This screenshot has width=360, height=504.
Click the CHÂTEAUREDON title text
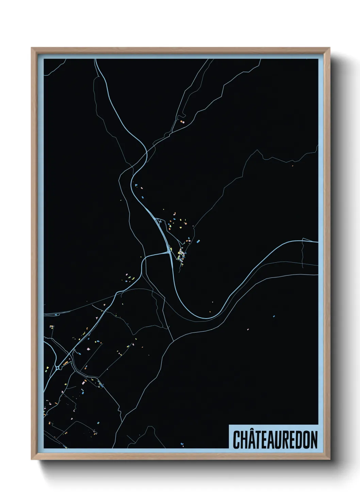[275, 440]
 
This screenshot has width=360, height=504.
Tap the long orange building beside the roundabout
[65, 363]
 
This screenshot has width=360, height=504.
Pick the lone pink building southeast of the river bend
[248, 329]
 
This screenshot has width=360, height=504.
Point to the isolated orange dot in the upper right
[292, 166]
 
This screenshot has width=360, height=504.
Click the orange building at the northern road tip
[183, 122]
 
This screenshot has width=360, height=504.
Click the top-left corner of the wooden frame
[32, 48]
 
